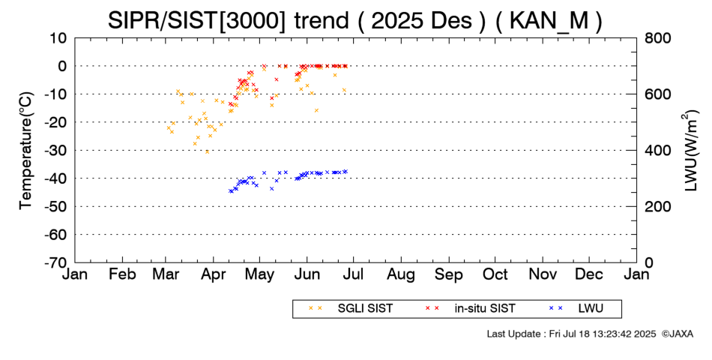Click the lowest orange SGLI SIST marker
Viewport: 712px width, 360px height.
click(208, 151)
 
